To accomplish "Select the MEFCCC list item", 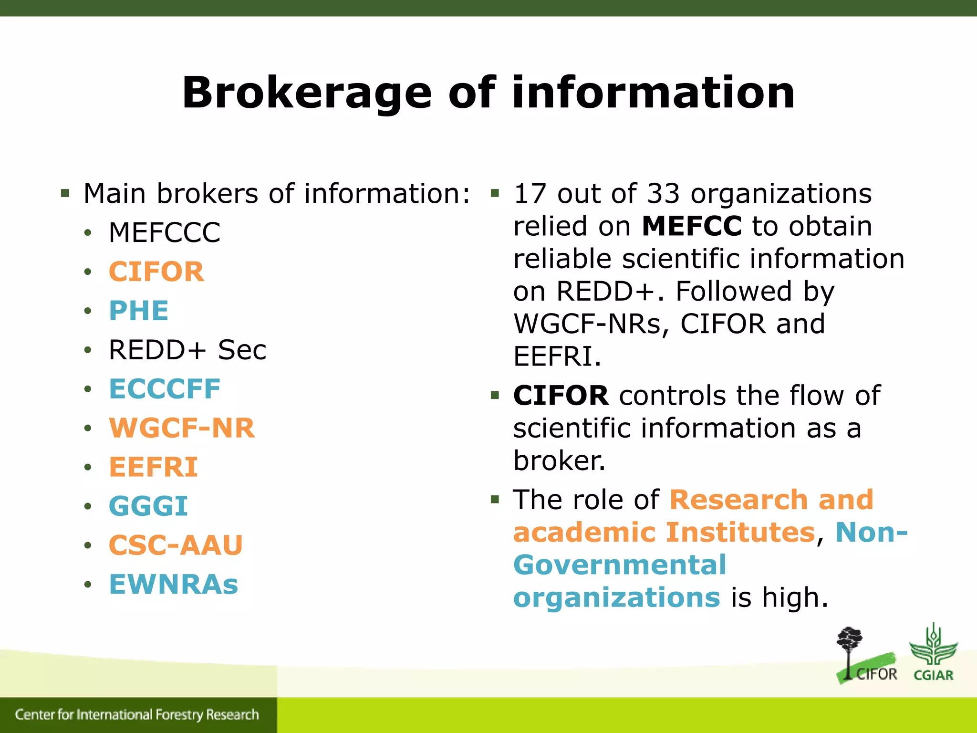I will (x=165, y=233).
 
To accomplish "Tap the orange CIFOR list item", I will (x=156, y=272).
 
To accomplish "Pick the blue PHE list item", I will (x=139, y=311).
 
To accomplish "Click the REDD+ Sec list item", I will (x=187, y=350).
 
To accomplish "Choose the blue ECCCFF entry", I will (x=165, y=389).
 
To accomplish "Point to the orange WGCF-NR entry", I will (x=182, y=428).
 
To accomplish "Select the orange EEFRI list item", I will (x=153, y=467).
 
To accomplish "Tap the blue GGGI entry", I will (x=148, y=506).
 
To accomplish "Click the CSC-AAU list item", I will (x=176, y=545).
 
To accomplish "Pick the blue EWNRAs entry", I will (x=174, y=584).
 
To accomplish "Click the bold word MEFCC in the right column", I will (x=691, y=226).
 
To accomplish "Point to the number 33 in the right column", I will (x=663, y=193).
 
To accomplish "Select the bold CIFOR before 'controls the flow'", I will (x=561, y=396).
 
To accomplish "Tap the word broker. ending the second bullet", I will (x=559, y=461).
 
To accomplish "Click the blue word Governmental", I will (x=620, y=565).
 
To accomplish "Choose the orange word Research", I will (x=737, y=500).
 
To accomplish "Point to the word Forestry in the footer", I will (x=179, y=714).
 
